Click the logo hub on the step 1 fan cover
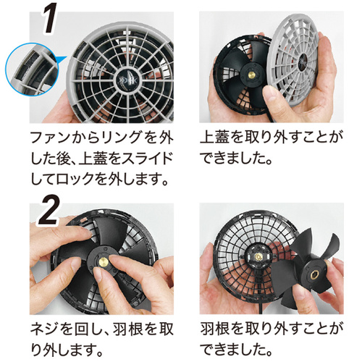(127, 78)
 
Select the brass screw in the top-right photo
(253, 73)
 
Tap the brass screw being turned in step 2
(104, 261)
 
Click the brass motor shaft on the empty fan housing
(259, 256)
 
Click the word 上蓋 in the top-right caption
(214, 138)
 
